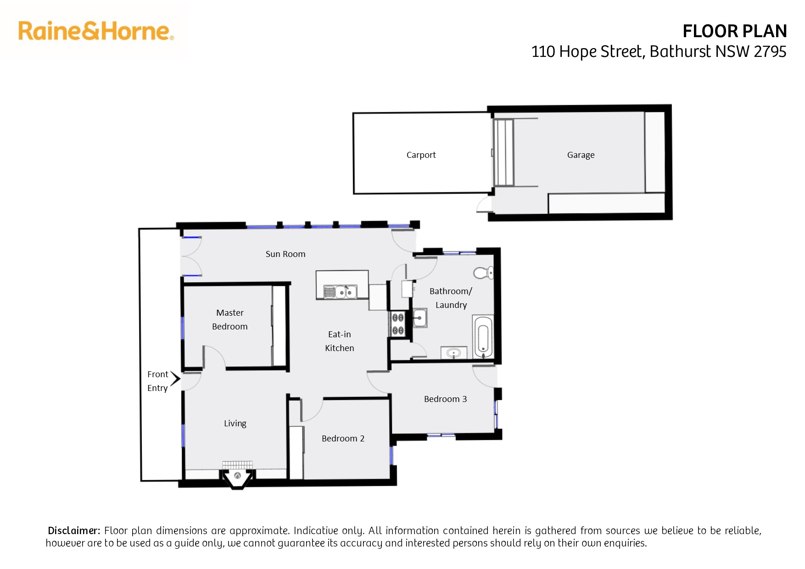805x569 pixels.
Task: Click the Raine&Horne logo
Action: [96, 31]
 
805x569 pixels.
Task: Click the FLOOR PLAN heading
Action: [734, 31]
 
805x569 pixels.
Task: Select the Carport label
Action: [421, 155]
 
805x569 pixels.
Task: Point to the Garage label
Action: [581, 155]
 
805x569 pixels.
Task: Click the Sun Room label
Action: [285, 254]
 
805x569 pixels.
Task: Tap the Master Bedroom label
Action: [230, 319]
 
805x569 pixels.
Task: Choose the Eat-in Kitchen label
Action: [340, 341]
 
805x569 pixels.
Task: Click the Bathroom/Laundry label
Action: [451, 298]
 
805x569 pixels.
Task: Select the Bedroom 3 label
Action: [445, 399]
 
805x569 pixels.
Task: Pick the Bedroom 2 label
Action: [343, 438]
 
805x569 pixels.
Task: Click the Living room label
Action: [235, 423]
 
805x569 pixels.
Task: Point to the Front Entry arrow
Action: [175, 378]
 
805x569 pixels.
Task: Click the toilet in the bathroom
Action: [483, 273]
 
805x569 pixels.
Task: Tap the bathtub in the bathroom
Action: [483, 337]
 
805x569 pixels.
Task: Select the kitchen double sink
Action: [340, 291]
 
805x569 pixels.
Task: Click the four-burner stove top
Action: [397, 324]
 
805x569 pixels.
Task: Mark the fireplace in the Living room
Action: [237, 474]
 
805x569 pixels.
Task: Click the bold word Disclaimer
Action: [74, 530]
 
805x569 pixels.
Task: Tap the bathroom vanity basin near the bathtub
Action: [453, 353]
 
